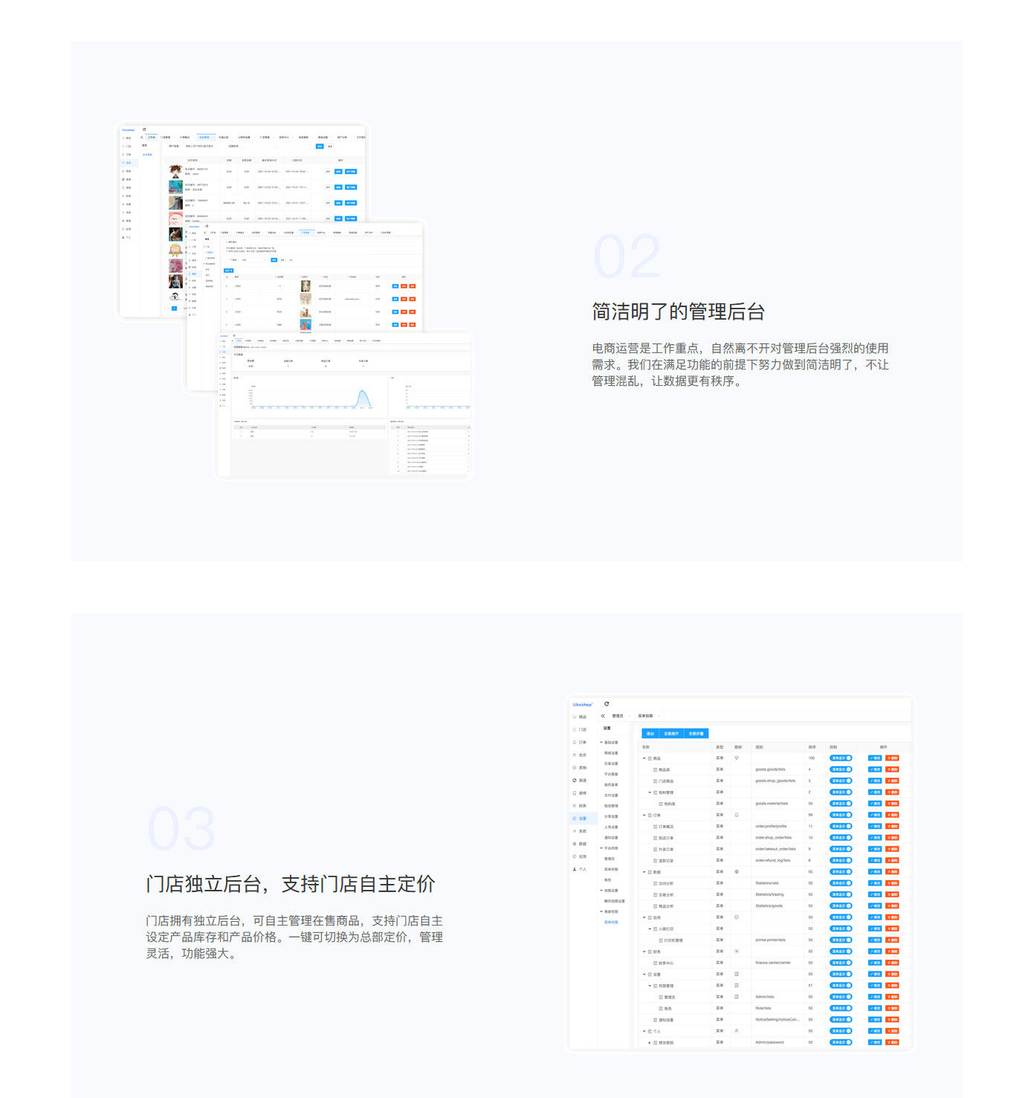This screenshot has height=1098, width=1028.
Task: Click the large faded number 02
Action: point(627,256)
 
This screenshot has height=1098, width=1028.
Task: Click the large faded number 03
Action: point(181,829)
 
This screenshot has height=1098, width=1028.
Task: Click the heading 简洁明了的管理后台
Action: point(678,311)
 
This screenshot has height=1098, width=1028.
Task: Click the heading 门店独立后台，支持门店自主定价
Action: point(291,884)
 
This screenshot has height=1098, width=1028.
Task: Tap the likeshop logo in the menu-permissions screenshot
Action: point(582,704)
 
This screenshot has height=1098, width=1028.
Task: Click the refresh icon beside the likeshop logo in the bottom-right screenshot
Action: point(607,704)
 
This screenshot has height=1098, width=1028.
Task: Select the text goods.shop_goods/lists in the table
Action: point(775,781)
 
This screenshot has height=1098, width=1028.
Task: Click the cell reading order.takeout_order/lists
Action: point(775,849)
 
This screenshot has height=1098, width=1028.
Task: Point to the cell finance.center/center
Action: point(772,963)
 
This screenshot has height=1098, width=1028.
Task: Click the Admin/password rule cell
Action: point(769,1042)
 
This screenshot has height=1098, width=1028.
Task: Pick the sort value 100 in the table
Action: point(811,758)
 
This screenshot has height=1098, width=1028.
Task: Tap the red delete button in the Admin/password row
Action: point(892,1042)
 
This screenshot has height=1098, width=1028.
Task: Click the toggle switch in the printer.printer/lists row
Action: point(841,940)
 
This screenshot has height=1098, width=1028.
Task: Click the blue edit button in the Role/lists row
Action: point(875,1008)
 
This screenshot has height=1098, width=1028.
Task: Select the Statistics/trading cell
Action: point(769,894)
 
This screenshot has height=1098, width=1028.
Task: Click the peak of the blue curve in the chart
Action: point(363,391)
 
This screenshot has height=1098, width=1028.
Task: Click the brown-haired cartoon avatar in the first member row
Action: point(175,171)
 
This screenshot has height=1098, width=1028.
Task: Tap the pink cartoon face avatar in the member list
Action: point(175,219)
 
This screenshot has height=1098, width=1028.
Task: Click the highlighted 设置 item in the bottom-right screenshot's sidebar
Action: point(581,818)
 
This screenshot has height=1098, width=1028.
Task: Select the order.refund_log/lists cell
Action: point(772,860)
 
